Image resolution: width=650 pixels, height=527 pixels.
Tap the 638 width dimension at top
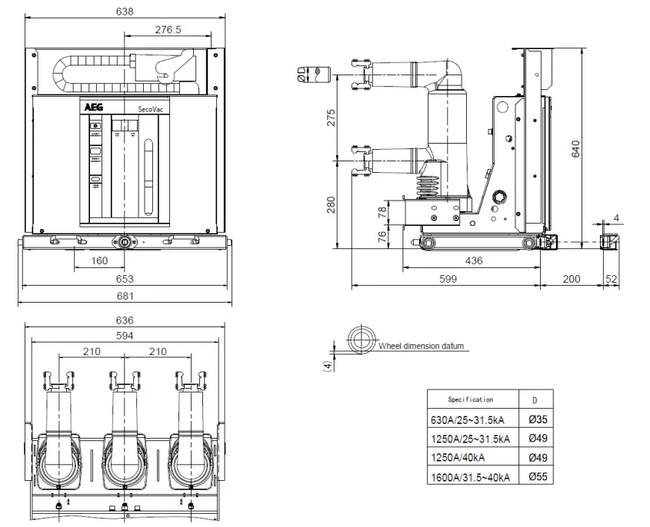(124, 12)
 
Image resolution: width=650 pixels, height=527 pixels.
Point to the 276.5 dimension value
(168, 29)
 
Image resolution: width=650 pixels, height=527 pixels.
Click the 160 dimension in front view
(99, 261)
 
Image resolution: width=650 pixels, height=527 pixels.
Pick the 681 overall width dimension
(125, 296)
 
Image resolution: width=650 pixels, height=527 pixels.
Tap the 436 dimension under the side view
(474, 261)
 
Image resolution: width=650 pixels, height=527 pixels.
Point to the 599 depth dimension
(448, 279)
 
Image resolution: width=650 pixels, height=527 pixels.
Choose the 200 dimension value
(572, 279)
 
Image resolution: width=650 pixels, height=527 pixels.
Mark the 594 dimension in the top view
(125, 336)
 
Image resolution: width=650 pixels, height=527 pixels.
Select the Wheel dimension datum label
(422, 346)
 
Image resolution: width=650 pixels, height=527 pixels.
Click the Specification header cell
(471, 400)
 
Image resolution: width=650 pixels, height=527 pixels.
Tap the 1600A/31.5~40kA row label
(471, 477)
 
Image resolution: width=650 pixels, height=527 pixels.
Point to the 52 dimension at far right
(612, 279)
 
